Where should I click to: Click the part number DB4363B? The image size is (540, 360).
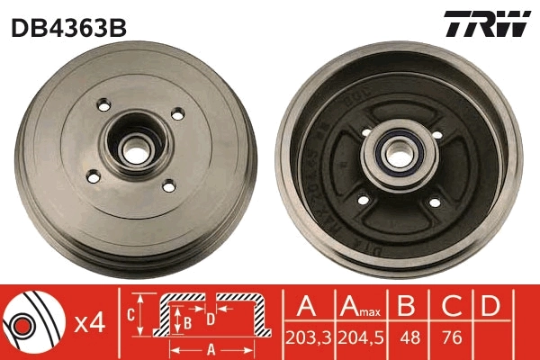coord(68,28)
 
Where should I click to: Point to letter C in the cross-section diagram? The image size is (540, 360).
coord(131,314)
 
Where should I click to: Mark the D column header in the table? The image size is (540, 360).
coord(490,306)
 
